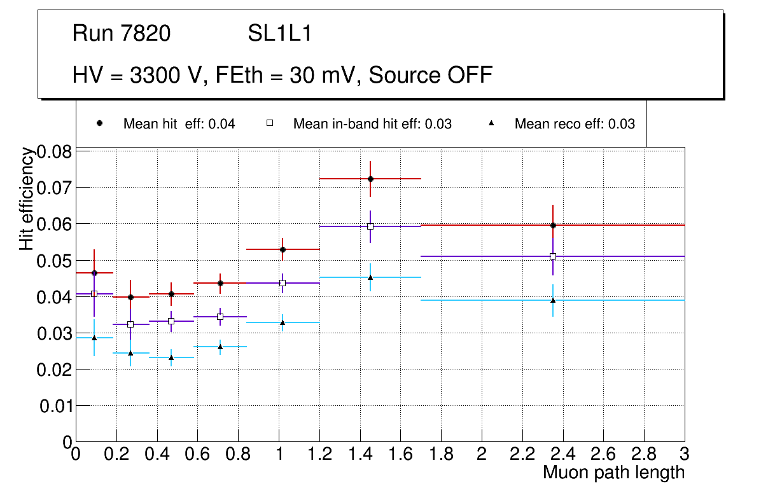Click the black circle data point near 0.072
point(370,179)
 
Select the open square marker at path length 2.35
point(553,256)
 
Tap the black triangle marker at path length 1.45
point(370,277)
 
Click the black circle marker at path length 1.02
point(283,249)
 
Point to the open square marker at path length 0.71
point(220,317)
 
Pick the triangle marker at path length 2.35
point(553,300)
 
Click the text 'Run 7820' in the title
point(122,34)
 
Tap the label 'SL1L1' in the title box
point(279,34)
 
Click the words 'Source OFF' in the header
point(431,76)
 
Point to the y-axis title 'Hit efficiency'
point(27,198)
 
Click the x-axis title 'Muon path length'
point(613,473)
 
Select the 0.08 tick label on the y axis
point(55,151)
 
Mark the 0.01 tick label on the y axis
point(55,406)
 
